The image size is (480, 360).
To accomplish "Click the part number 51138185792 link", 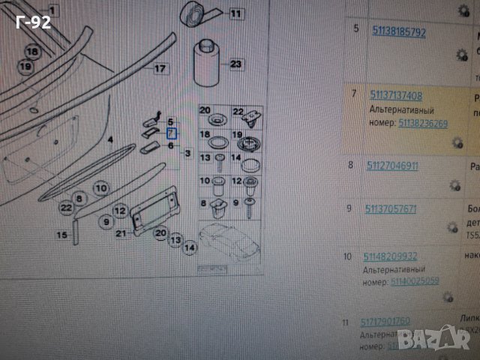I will [398, 32].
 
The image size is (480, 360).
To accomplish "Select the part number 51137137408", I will [396, 95].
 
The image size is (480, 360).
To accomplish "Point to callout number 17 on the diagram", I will [159, 68].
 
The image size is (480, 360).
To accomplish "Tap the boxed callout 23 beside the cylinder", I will [235, 64].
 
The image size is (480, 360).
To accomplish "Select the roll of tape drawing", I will [193, 14].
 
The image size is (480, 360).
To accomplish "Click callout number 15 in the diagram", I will [62, 235].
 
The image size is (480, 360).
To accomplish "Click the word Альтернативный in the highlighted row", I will [393, 109].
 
